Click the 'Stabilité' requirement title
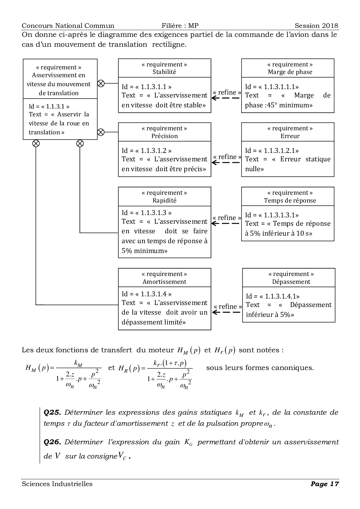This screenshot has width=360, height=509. point(164,72)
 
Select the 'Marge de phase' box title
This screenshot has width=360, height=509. point(290,72)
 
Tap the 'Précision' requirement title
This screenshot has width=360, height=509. point(164,136)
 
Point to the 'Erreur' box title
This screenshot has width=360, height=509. point(290,136)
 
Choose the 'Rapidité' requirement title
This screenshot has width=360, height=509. point(164,200)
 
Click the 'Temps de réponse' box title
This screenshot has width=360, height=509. point(290,200)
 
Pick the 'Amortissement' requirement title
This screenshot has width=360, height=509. point(164,281)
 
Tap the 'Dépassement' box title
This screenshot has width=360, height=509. point(291,281)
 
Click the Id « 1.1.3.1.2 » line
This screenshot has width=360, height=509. point(147,151)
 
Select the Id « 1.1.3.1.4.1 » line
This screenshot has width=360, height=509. point(273,296)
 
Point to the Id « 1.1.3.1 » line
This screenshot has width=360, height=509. point(49,106)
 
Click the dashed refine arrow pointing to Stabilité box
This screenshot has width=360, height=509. point(226,98)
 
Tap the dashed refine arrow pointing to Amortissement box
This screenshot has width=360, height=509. point(227,312)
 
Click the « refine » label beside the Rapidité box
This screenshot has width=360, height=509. point(227,218)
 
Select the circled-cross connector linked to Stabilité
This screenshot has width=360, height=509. point(100,83)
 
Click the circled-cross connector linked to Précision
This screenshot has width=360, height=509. point(100,132)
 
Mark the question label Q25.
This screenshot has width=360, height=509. point(52,412)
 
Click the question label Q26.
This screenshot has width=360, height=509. point(52,442)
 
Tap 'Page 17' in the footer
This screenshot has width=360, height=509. point(325,484)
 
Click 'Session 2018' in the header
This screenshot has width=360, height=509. point(316,26)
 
